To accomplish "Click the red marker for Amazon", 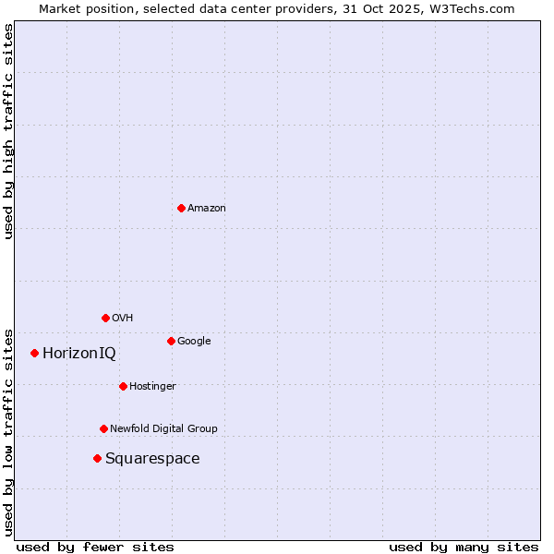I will [181, 208].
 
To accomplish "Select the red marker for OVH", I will [105, 318].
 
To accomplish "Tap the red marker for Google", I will [171, 341].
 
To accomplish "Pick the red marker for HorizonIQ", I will [34, 353].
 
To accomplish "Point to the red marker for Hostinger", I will [123, 386].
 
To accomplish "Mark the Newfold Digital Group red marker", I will [103, 428].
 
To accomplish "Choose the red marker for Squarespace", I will [97, 458].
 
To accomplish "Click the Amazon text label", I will [206, 209].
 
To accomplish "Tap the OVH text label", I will [122, 319].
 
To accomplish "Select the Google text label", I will [194, 342].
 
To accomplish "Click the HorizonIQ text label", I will [79, 354].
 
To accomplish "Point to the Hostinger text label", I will [152, 387].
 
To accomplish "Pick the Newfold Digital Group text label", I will [163, 429].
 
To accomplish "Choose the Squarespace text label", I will [152, 459].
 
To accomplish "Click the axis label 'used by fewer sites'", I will [95, 547].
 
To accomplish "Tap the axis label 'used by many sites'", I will [464, 547].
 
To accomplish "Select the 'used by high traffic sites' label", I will [8, 131].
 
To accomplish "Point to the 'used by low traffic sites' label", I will [8, 432].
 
